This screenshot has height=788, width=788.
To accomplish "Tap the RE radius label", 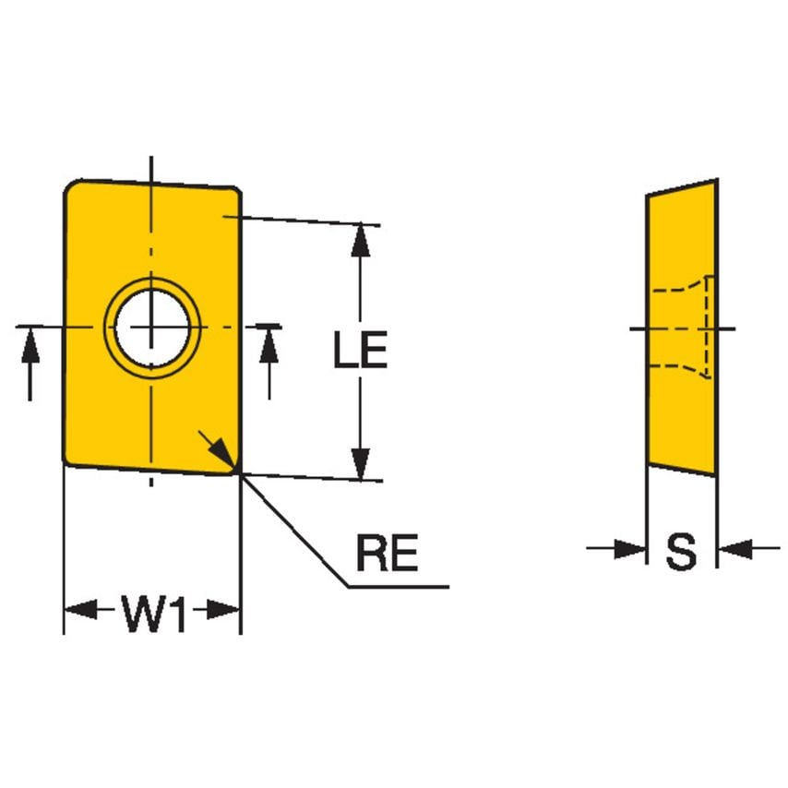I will [x=387, y=555].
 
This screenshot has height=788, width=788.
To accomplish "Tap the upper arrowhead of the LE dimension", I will [x=361, y=239].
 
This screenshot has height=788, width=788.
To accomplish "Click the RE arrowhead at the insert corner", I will [x=222, y=451].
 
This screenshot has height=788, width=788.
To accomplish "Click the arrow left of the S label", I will [x=629, y=550].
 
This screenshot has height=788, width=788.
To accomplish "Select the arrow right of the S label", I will [x=734, y=550].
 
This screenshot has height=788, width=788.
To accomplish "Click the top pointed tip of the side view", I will [x=714, y=182].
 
